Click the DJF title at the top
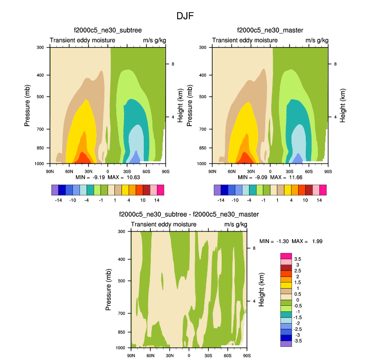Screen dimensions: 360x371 (x=185, y=16)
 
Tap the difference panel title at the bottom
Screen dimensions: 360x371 (x=189, y=215)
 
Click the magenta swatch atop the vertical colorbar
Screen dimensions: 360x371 (x=285, y=255)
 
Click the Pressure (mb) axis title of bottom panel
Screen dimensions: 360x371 (x=108, y=290)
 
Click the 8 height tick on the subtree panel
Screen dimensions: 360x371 (x=173, y=64)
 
